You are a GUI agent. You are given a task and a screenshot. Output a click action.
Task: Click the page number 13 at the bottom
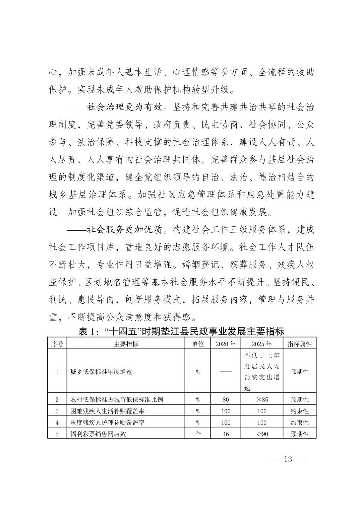(288, 459)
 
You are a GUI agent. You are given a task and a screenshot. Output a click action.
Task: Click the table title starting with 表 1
(181, 332)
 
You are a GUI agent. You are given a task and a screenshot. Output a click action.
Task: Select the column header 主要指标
(126, 344)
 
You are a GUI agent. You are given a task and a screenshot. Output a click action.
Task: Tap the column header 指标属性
(300, 344)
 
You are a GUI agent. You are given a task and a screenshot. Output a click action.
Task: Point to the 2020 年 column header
(226, 344)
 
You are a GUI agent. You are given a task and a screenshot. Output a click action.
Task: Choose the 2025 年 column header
(262, 344)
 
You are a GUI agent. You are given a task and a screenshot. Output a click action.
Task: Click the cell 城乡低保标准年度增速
(101, 372)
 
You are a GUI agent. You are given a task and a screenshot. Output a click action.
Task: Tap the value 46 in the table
(226, 434)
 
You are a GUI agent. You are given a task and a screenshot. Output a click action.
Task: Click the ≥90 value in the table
(262, 434)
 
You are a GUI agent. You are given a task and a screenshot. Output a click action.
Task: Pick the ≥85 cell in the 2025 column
(262, 399)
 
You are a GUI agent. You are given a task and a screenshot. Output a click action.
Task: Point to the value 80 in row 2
(226, 399)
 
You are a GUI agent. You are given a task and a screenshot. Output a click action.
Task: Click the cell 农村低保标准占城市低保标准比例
(117, 399)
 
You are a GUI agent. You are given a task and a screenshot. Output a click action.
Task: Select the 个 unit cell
(198, 434)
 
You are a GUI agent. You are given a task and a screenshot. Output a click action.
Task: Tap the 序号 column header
(57, 344)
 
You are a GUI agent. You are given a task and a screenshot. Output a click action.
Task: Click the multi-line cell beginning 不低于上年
(262, 371)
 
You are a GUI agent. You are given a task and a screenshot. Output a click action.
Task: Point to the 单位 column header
(198, 344)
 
